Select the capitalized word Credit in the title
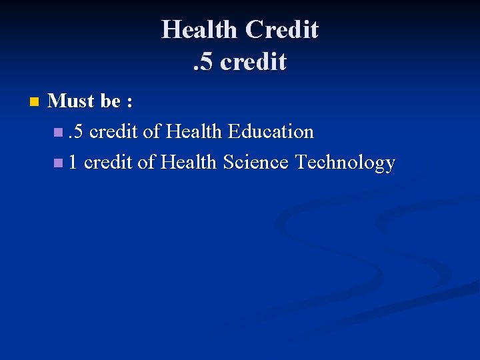pos(281,29)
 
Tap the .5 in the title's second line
pos(203,62)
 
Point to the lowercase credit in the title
pos(253,62)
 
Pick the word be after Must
pos(111,101)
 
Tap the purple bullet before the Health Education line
pos(61,132)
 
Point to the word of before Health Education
pos(151,132)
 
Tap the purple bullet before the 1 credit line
pos(61,163)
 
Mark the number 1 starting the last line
pos(73,163)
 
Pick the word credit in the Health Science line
pos(108,163)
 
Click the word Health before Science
pos(189,163)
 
